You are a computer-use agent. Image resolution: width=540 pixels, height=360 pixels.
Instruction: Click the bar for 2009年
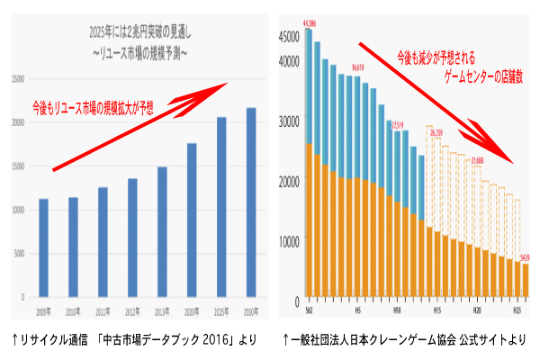[43, 247]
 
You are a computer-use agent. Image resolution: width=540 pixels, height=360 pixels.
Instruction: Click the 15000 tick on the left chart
[18, 166]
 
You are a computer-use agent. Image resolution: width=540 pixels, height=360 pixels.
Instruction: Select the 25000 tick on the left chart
[18, 79]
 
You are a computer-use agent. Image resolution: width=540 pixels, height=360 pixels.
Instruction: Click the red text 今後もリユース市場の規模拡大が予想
[93, 107]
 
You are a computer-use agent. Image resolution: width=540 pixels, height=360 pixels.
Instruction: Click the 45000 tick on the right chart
[289, 37]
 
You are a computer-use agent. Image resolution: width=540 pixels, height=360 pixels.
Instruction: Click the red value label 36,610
[357, 67]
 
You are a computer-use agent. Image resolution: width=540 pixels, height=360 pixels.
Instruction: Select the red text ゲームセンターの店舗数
[472, 78]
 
